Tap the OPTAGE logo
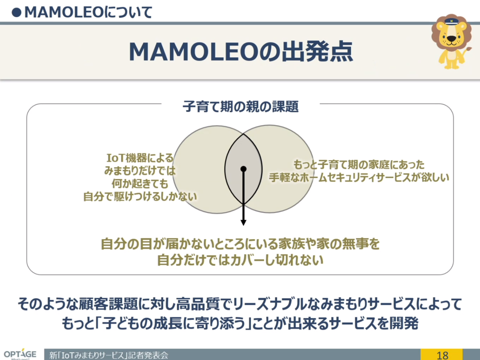tap(20, 354)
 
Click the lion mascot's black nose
tap(451, 39)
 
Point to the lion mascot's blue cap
tap(451, 21)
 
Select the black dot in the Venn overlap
tap(243, 169)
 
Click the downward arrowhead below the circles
tap(243, 223)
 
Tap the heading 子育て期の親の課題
tap(241, 106)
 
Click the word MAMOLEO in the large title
tap(193, 52)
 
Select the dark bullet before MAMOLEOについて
tap(16, 12)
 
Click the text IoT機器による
tap(140, 158)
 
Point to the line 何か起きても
tap(140, 184)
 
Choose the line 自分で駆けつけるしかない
tap(140, 197)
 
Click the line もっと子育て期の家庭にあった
tap(359, 164)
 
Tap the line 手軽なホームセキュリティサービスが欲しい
tap(359, 177)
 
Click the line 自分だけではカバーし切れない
tap(240, 260)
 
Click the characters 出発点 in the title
tap(317, 52)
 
